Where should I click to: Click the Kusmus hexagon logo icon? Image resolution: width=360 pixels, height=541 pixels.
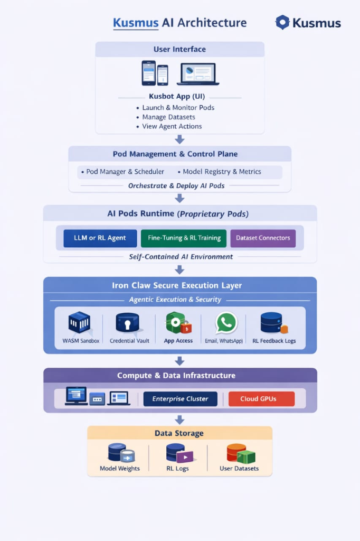[x=283, y=23]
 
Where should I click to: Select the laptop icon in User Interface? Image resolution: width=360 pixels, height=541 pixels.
[x=198, y=74]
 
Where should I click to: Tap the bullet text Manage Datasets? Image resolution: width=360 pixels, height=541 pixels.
[x=168, y=117]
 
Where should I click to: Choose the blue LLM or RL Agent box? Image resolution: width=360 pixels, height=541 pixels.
[x=100, y=238]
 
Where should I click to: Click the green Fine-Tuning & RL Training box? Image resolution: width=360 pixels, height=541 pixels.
[x=184, y=238]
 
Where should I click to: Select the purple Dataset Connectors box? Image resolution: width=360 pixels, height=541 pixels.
[x=263, y=238]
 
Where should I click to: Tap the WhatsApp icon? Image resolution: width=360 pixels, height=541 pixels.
[x=226, y=323]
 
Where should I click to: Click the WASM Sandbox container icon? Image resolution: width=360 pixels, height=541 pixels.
[x=79, y=323]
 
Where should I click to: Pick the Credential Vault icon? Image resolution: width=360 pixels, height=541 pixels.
[x=127, y=323]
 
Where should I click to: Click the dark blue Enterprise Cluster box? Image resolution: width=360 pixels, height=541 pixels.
[x=180, y=399]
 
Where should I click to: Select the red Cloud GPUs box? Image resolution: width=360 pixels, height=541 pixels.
[x=261, y=399]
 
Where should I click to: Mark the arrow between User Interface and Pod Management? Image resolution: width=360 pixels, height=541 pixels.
[x=179, y=139]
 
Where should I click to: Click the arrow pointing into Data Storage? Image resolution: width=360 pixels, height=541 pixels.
[x=179, y=419]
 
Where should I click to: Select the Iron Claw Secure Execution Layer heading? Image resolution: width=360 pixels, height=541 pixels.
[x=177, y=285]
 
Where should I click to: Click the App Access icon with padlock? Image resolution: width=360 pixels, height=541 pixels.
[x=178, y=323]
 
